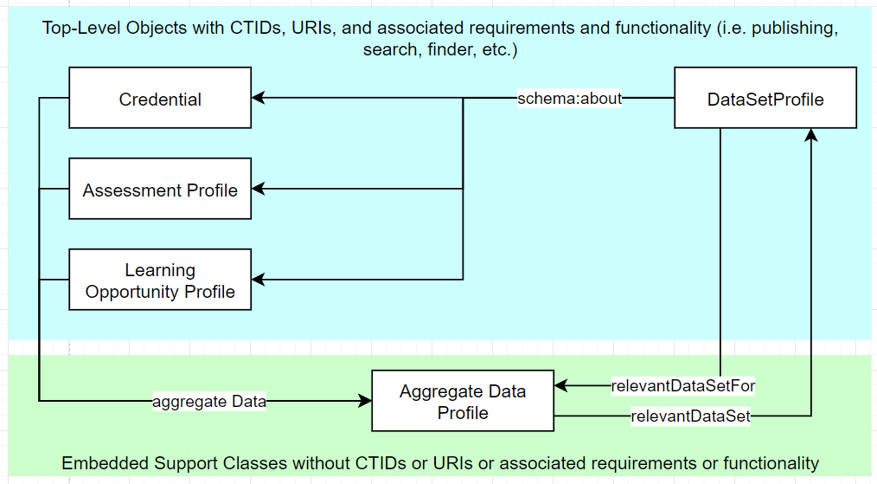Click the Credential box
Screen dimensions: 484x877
point(160,99)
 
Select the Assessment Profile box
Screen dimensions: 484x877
point(160,190)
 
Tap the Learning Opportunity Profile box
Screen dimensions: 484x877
point(160,281)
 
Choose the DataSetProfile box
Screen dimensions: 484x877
point(765,99)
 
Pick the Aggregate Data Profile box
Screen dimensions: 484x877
point(462,402)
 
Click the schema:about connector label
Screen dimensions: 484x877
point(569,98)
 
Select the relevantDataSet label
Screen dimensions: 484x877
point(689,416)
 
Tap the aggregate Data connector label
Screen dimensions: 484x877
point(209,401)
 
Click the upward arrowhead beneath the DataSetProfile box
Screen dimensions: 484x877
point(810,135)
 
